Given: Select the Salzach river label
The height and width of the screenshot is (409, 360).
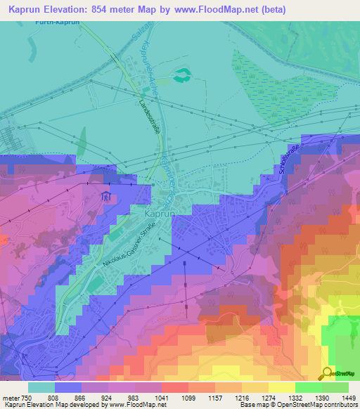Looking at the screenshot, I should [x=139, y=39].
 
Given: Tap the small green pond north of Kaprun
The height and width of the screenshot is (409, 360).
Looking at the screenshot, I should [x=183, y=73].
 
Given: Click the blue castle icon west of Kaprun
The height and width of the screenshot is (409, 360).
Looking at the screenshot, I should [x=105, y=196].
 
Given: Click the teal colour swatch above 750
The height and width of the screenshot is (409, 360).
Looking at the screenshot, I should [x=41, y=387].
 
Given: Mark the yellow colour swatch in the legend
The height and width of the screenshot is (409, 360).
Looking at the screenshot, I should [x=281, y=387].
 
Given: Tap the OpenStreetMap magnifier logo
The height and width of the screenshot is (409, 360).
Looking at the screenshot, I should [x=328, y=372].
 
